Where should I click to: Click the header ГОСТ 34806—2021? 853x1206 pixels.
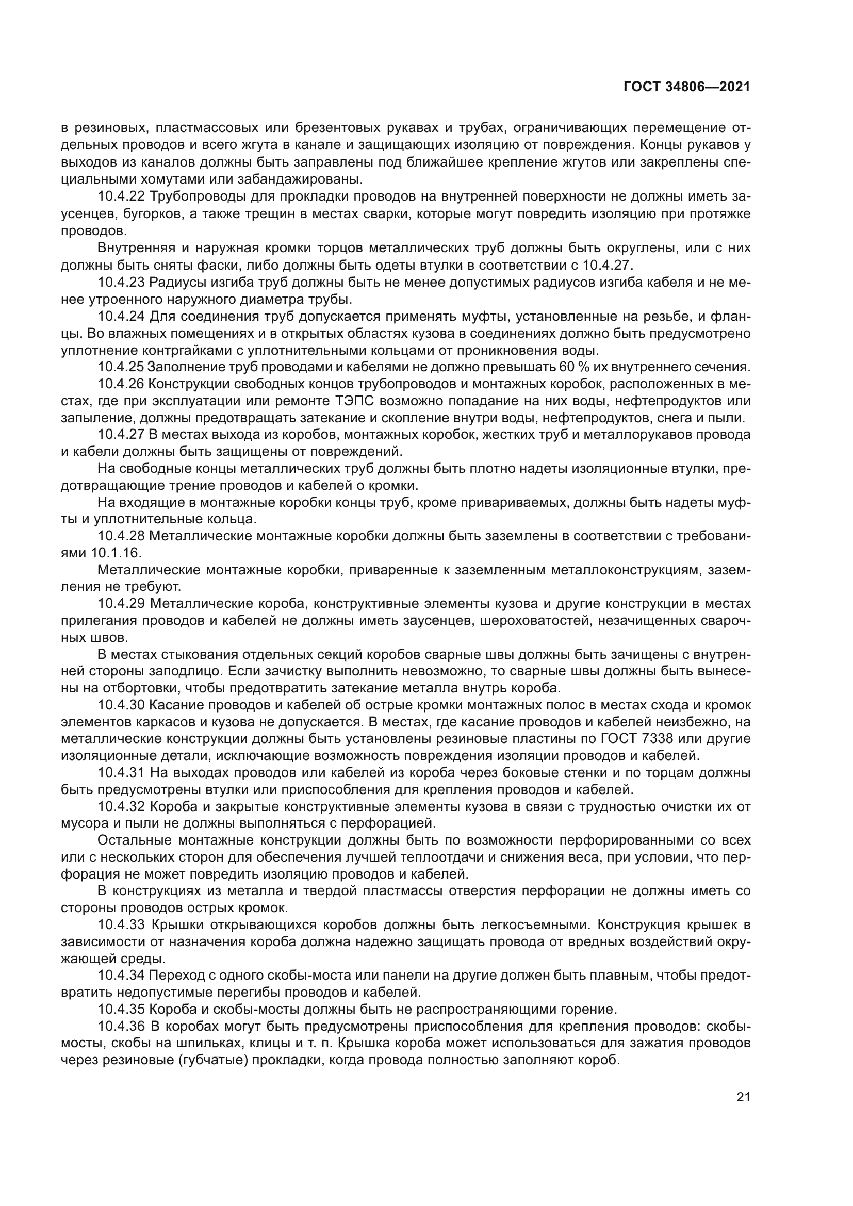(x=686, y=87)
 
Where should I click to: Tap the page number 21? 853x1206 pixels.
(x=743, y=1097)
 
